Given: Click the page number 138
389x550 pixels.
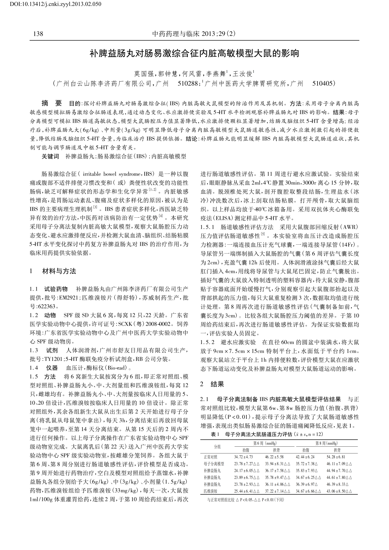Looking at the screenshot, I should (x=38, y=34).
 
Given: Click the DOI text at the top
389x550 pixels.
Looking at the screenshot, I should (x=51, y=4).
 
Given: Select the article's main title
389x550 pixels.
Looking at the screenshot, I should (x=194, y=54).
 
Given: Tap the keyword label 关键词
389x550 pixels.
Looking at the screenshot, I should (x=50, y=157).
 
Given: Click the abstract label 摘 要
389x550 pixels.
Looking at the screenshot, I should (x=51, y=103).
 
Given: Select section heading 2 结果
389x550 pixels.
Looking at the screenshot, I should (x=212, y=384).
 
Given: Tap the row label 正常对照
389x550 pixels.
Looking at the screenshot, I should (x=210, y=457).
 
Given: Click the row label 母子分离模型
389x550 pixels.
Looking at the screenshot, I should (x=214, y=464).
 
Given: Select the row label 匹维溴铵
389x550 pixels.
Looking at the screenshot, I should (x=210, y=491).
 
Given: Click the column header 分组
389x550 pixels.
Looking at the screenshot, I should (x=217, y=447).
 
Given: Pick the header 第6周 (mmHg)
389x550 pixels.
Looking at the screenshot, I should (x=265, y=443).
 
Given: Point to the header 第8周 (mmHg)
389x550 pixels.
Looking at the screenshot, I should (x=326, y=443).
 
